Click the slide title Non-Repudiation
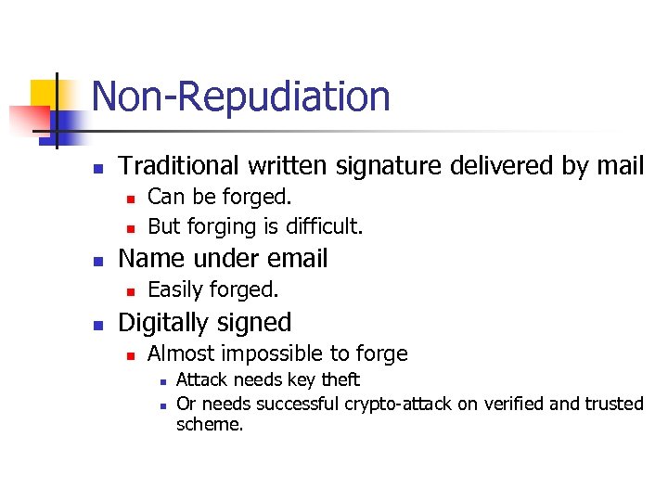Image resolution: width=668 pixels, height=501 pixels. [241, 96]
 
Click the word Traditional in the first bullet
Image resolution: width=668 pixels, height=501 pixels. [179, 166]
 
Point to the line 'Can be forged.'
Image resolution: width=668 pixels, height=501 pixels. [220, 197]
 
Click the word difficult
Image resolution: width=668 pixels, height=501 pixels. [325, 226]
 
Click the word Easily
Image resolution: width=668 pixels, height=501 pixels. [177, 290]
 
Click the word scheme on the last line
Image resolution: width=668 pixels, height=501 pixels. [210, 424]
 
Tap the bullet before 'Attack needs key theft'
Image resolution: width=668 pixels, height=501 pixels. [162, 381]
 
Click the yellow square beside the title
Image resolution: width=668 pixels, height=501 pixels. [45, 95]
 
